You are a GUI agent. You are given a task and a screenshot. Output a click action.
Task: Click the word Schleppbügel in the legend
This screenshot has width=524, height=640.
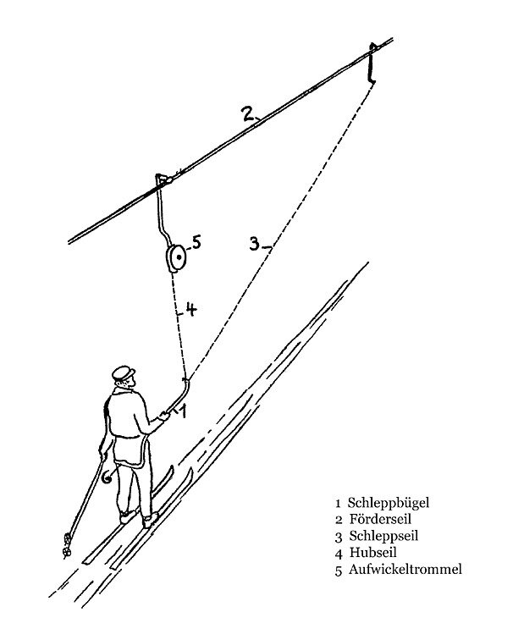point(388,503)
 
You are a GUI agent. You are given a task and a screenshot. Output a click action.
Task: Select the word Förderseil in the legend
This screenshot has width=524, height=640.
point(380,519)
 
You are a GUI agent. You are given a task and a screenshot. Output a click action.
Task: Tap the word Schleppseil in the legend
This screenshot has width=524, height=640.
point(383,536)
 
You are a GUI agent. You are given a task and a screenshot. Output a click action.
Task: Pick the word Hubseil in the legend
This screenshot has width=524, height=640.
point(372,552)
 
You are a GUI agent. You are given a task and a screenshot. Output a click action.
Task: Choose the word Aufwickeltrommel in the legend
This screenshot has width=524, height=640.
point(405,569)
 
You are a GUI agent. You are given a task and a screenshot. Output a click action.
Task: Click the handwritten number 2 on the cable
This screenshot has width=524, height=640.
point(249,113)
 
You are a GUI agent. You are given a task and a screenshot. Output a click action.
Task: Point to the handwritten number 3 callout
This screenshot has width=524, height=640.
point(254,244)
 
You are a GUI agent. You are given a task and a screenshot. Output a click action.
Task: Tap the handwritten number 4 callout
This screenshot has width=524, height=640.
point(190,309)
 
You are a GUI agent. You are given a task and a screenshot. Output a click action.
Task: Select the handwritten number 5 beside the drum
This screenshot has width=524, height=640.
point(196,241)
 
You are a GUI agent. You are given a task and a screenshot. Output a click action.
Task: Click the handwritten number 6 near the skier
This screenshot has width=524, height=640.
point(107,477)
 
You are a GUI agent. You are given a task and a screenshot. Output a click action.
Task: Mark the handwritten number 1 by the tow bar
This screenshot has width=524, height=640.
point(183,411)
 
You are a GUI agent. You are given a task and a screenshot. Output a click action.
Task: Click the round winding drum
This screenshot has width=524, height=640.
point(176,258)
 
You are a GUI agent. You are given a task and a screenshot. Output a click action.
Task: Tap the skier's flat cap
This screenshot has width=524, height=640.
point(123,372)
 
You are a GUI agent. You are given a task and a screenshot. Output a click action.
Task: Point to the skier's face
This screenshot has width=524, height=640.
point(128,383)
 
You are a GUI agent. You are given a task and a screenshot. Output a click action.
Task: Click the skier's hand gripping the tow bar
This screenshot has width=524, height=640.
point(163,417)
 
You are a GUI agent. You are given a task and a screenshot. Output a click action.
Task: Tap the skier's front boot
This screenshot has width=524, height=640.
point(150,520)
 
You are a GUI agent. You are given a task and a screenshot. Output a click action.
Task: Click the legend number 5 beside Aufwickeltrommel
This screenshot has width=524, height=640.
point(339,571)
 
